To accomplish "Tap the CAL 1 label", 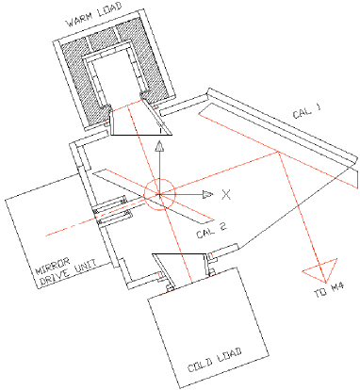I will [x=306, y=113].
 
